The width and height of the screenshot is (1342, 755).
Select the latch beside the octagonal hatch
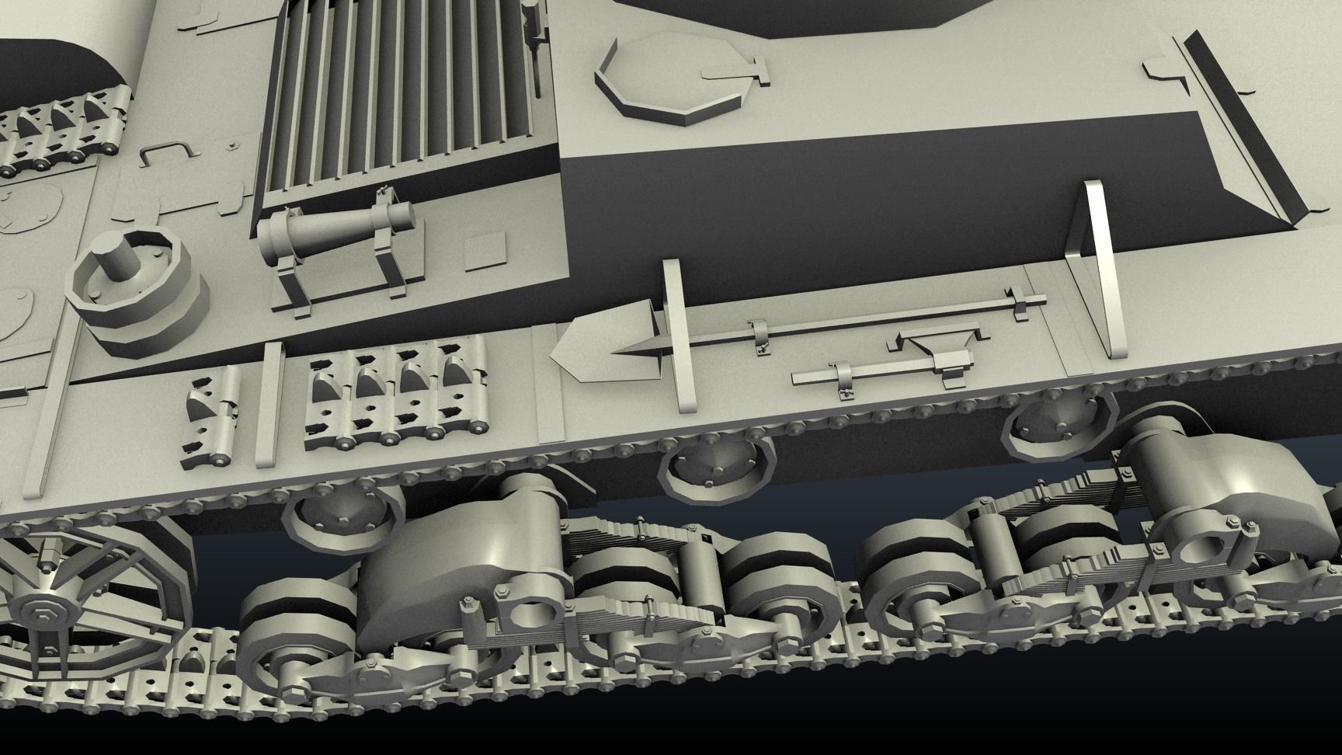pos(735,74)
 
